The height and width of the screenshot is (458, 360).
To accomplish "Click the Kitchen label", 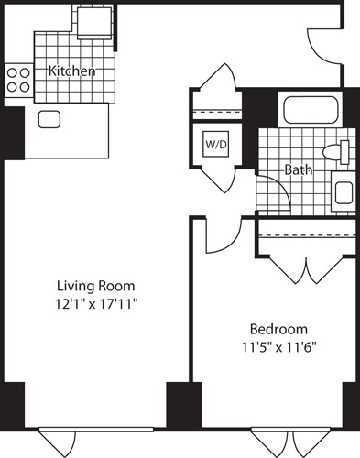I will click(71, 71).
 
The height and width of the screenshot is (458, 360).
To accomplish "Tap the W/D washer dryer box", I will click(216, 145).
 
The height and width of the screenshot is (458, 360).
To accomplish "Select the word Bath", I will click(299, 169).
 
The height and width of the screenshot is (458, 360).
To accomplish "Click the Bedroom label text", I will click(278, 329).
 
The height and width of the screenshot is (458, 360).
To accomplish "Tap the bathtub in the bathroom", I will click(312, 113).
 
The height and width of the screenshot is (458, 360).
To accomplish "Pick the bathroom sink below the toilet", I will click(343, 193).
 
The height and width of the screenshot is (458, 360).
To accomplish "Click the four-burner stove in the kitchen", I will click(17, 80).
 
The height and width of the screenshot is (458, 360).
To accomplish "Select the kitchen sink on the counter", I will click(49, 118).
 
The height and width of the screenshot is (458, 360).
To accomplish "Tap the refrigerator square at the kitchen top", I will click(92, 18).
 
